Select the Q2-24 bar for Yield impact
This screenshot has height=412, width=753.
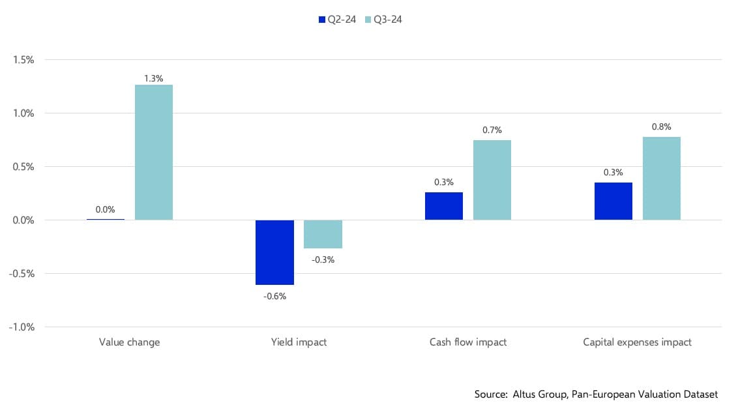coord(274,252)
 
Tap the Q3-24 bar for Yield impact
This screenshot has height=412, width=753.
coord(323,234)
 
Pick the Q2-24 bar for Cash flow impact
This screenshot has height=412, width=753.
coord(444,206)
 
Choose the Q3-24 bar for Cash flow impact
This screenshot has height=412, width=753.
coord(492,180)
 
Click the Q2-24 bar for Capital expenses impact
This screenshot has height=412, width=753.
coord(613,201)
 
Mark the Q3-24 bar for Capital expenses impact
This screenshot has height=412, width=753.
coord(662,178)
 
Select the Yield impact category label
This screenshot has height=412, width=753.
coord(299,342)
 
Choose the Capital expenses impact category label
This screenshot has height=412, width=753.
coord(637,342)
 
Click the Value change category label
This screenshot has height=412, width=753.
coord(129,342)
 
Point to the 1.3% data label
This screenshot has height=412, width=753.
coord(154,79)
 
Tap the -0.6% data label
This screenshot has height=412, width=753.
coord(274,296)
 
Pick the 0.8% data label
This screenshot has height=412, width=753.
coord(662,127)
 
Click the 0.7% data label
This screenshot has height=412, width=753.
coord(492,130)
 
